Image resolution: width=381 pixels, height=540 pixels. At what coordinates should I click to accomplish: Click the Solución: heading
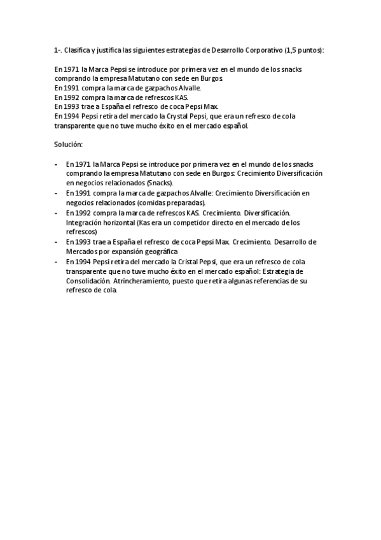pos(68,145)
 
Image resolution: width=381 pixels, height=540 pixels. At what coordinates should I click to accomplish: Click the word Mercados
pos(81,252)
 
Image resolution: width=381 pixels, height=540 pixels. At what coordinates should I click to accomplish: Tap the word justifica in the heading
pos(113,50)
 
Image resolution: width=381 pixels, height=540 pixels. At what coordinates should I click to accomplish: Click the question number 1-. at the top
pos(58,50)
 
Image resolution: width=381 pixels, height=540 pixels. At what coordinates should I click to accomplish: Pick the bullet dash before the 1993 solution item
pos(56,242)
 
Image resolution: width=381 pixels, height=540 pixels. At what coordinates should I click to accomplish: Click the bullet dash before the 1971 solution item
pos(56,164)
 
